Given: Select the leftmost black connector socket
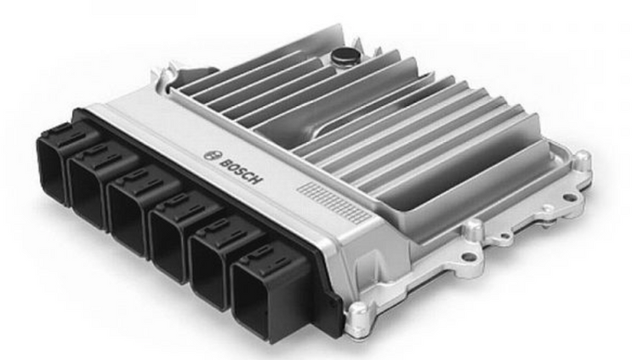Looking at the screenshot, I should tap(53, 162).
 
